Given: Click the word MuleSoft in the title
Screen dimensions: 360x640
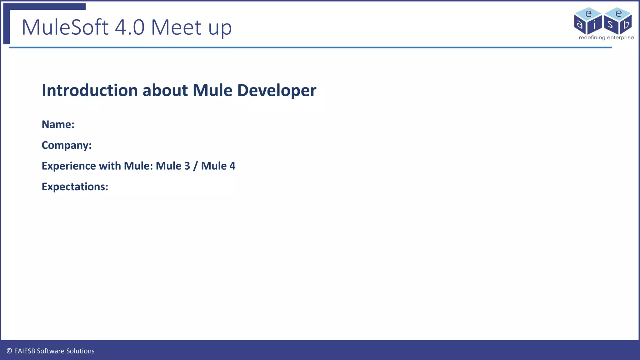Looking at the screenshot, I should (x=65, y=27).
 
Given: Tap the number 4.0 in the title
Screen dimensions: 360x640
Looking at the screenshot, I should (x=130, y=27).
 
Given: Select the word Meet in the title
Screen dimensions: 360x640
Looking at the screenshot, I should (x=176, y=27).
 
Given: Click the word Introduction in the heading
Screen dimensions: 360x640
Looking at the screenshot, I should (x=90, y=91).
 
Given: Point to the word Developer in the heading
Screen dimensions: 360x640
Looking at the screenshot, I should (x=277, y=91).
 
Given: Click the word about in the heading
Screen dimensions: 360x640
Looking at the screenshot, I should (x=165, y=91).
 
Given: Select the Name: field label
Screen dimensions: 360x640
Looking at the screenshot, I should (x=58, y=124).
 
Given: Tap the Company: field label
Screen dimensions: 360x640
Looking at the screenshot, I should (x=67, y=145).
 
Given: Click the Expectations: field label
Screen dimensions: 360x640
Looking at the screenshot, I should (x=75, y=187).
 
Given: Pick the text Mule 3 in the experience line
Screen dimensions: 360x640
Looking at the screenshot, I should (x=173, y=166).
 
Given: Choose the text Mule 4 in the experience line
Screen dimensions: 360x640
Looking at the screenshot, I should (x=218, y=166).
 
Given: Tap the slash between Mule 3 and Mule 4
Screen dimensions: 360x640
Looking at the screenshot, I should (x=195, y=166).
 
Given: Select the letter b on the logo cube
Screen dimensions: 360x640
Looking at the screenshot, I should (x=626, y=24).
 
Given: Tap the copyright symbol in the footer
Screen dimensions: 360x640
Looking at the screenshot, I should (x=9, y=351).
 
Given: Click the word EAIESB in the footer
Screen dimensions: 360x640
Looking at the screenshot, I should (x=25, y=351).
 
